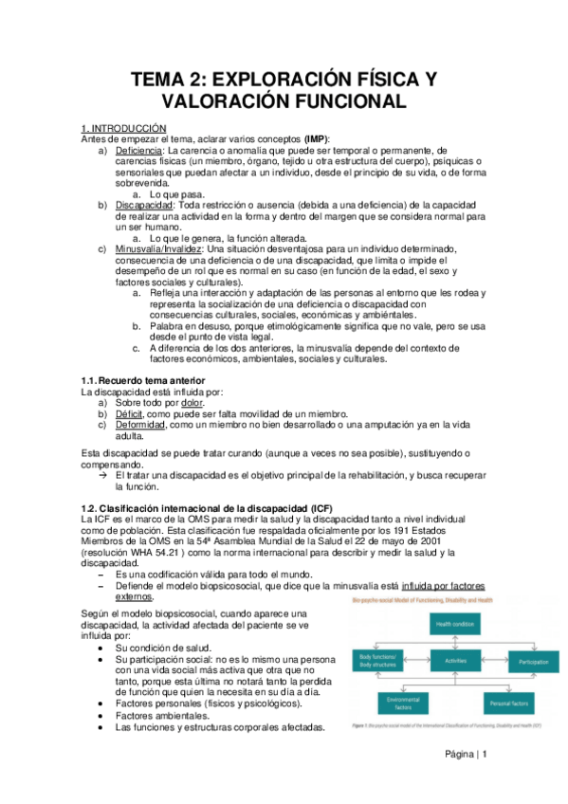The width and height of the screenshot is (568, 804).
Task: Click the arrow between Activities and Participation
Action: (495, 659)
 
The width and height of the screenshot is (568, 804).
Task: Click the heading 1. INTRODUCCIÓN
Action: (123, 128)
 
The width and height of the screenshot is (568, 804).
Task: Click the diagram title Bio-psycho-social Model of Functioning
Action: (423, 601)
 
